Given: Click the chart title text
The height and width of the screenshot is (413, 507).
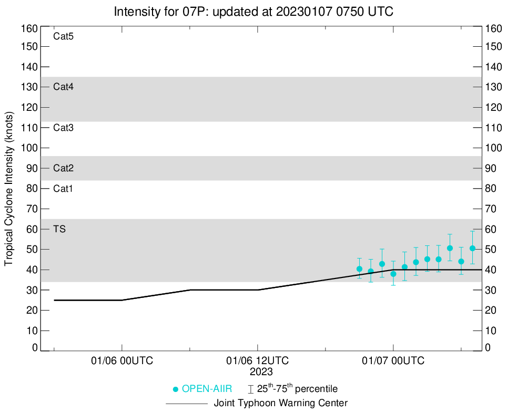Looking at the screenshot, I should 253,11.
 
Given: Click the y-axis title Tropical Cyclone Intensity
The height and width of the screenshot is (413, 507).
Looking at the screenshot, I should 9,188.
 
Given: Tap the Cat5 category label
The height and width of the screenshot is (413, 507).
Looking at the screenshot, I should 63,37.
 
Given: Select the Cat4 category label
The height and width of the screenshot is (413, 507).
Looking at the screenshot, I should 63,87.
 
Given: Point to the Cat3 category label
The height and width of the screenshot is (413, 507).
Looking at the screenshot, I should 63,128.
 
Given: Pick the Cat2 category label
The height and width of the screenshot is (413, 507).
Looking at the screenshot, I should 63,169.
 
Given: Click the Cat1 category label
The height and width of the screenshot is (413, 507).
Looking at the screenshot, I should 63,189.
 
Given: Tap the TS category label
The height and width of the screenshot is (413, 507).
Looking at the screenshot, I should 59,229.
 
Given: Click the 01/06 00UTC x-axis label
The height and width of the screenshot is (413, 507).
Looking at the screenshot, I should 122,361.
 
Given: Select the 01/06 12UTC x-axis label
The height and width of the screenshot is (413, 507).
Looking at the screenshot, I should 258,361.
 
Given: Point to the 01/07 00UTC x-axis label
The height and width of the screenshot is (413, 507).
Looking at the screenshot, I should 393,361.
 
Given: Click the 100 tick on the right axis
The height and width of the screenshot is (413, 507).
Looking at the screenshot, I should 495,148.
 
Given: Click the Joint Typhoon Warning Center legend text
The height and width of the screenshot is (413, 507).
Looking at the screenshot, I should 280,404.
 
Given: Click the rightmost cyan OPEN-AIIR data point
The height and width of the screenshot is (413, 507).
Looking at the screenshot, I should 472,248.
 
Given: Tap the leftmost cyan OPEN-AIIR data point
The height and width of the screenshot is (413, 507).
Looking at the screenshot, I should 359,269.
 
